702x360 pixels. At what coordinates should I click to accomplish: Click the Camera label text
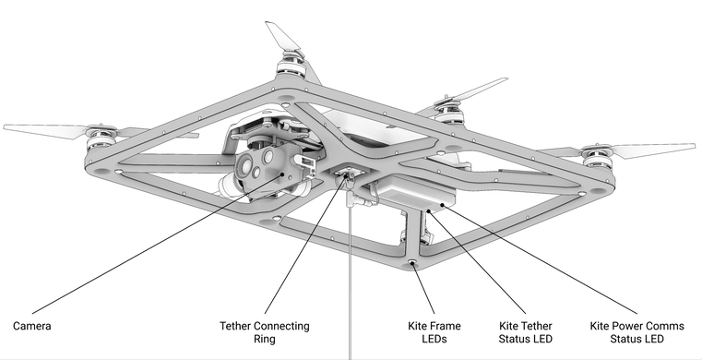click(x=31, y=326)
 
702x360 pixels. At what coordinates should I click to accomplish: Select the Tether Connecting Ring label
click(x=264, y=332)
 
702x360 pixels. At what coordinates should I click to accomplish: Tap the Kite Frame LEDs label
click(x=434, y=332)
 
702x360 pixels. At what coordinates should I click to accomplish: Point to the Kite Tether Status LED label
click(x=526, y=332)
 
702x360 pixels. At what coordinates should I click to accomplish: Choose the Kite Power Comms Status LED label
click(x=637, y=332)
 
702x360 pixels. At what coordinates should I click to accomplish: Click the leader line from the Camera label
click(x=157, y=243)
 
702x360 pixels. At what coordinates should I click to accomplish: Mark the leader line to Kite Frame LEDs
click(x=423, y=288)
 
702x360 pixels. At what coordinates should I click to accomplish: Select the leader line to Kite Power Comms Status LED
click(x=540, y=258)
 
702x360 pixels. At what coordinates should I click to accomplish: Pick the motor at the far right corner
click(x=596, y=157)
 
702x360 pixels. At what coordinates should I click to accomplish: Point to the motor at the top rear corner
click(x=292, y=64)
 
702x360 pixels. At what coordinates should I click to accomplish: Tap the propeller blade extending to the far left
click(x=46, y=131)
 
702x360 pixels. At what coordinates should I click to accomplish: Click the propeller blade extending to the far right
click(x=654, y=150)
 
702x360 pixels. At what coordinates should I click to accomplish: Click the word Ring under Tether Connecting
click(x=264, y=339)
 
